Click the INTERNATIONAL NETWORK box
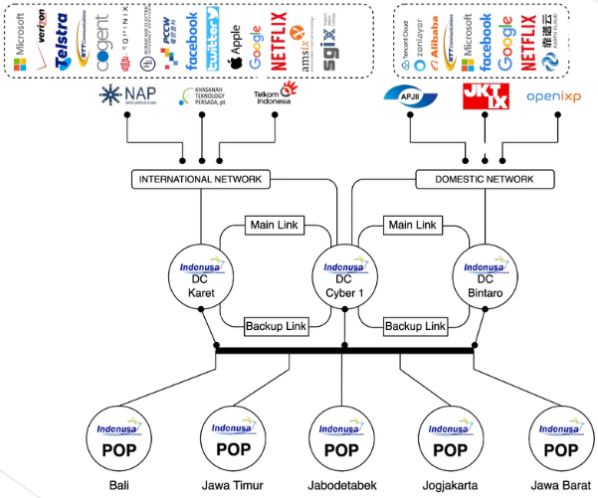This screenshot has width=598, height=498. coord(200,180)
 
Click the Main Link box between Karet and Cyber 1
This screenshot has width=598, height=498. coord(274,226)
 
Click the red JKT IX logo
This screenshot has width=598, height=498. coord(487,97)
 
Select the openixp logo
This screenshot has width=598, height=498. coord(556,96)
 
